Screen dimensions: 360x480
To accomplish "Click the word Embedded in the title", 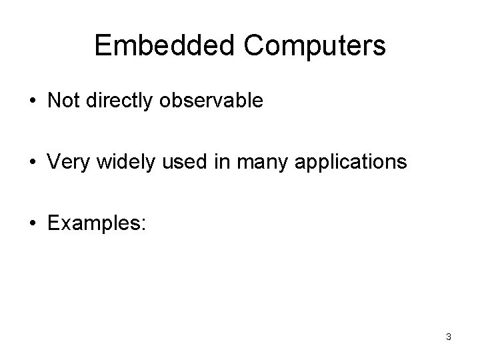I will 167,45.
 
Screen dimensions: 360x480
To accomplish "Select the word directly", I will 117,101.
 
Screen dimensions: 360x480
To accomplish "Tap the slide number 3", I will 448,337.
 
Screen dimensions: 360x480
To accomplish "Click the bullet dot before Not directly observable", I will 33,101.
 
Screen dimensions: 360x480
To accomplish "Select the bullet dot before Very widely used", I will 33,161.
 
